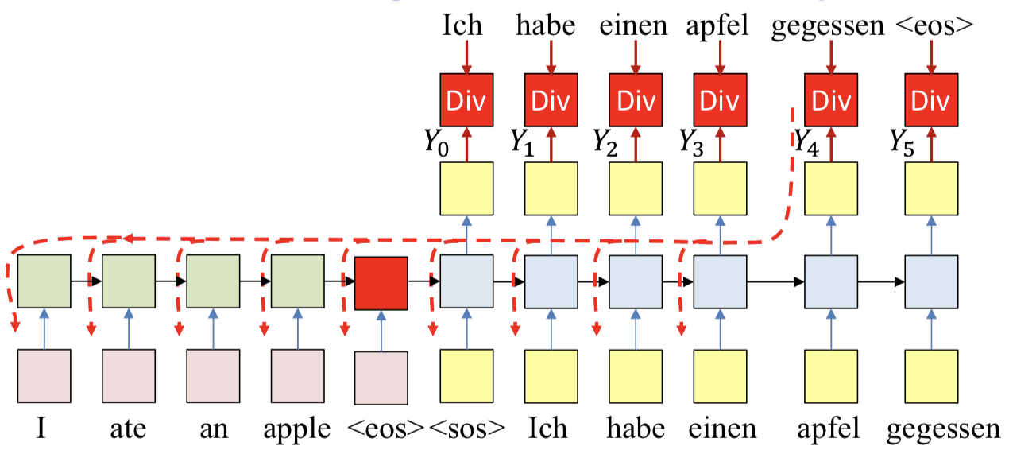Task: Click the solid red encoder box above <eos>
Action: coord(381,282)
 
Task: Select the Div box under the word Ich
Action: coord(466,100)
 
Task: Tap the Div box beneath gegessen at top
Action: coord(831,100)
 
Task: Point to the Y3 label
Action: coord(692,142)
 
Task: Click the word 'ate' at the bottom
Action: coord(129,429)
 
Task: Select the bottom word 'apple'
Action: coord(297,429)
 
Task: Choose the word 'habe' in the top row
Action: coord(545,25)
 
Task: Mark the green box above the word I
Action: coord(44,282)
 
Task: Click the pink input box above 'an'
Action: coord(213,376)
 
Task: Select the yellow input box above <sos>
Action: coord(466,376)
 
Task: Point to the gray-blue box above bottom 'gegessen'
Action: coord(931,282)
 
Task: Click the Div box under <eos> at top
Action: coord(931,100)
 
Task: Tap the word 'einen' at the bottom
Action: coord(723,429)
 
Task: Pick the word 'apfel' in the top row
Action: coord(717,25)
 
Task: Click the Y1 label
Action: coord(522,142)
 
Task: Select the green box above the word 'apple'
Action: coord(297,282)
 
